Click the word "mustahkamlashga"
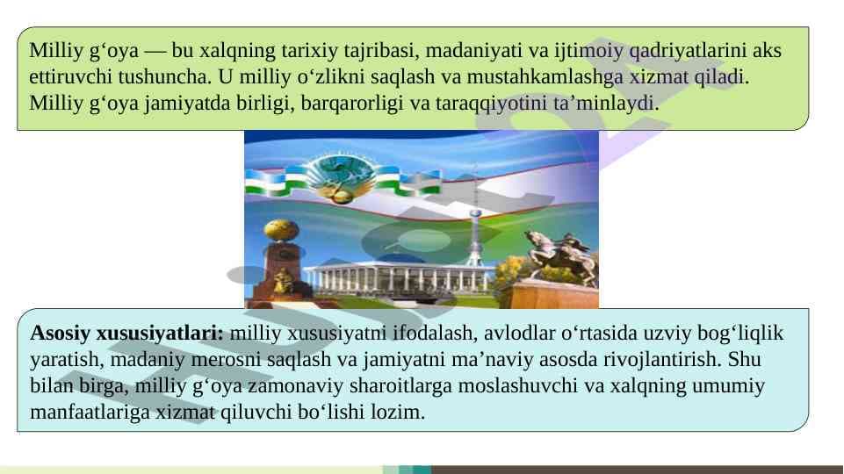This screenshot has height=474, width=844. pos(545,77)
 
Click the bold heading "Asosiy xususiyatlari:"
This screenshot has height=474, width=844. pos(126,333)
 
